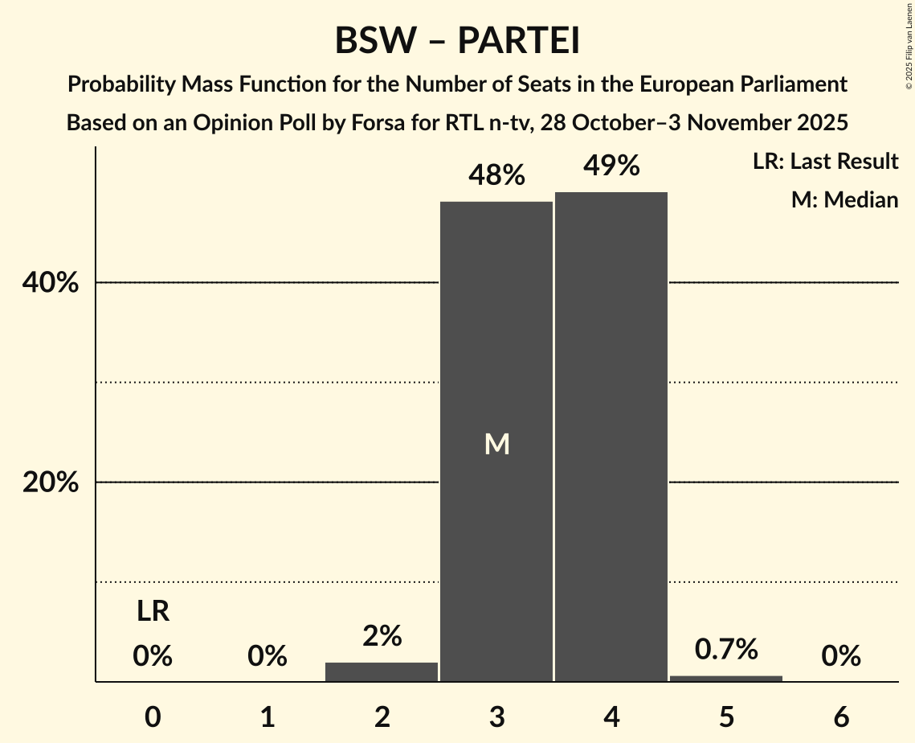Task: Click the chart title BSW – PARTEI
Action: (457, 41)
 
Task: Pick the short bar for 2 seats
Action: (382, 672)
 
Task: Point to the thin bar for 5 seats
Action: (726, 679)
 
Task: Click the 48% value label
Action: (496, 174)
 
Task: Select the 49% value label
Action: (611, 166)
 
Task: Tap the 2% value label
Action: (382, 636)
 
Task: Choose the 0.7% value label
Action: (726, 649)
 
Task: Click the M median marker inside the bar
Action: (496, 443)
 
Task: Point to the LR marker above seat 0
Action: (153, 612)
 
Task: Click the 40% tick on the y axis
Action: (50, 283)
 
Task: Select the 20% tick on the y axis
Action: (50, 482)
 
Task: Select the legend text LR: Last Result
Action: (825, 162)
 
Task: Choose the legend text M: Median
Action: (844, 199)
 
